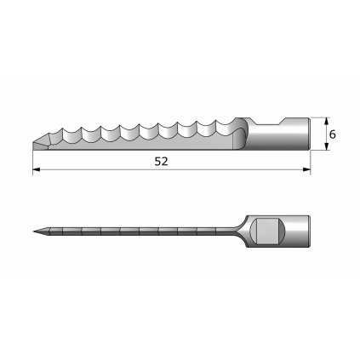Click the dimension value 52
(161, 160)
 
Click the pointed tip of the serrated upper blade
(34, 141)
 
